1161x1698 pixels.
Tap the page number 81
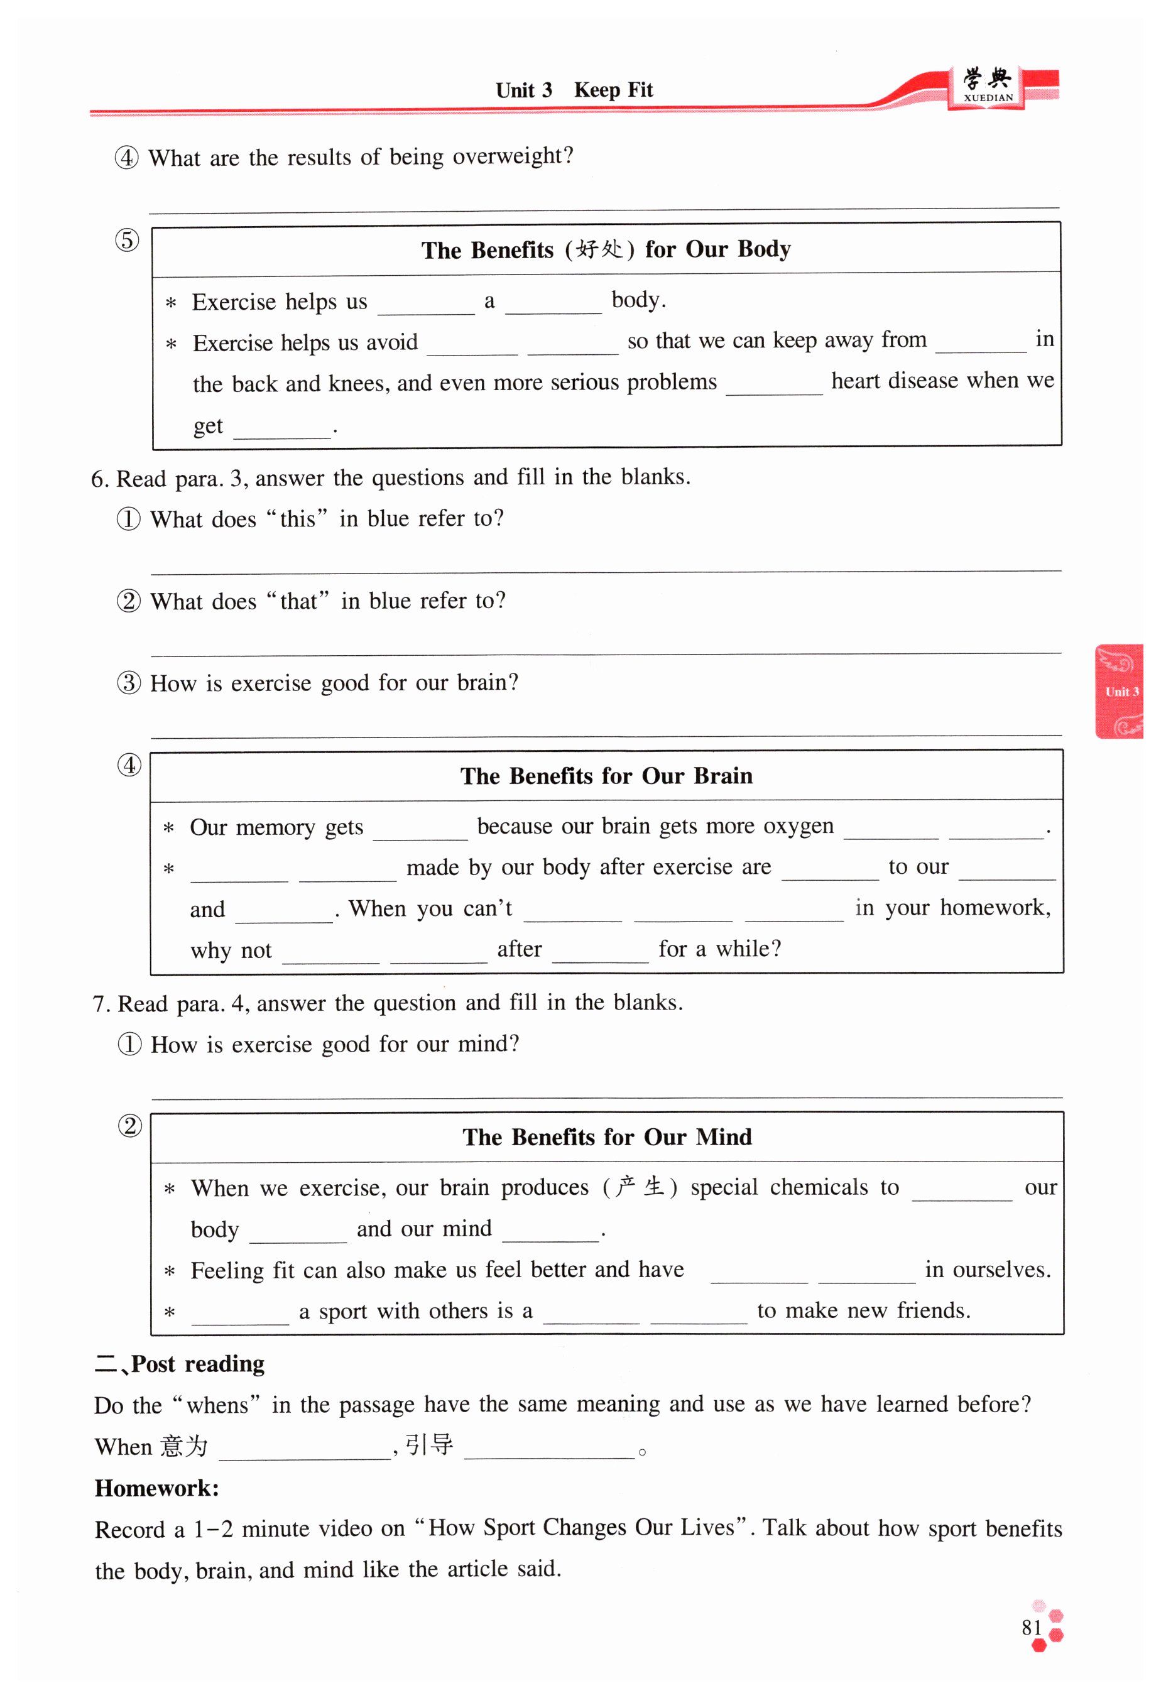[1031, 1627]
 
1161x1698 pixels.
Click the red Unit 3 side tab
[1120, 691]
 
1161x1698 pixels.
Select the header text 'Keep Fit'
[613, 90]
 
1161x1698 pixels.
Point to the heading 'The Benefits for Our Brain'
[606, 775]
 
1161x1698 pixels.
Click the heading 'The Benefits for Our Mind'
[606, 1137]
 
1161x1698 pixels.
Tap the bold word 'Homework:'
[156, 1488]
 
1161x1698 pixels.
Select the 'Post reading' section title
[197, 1364]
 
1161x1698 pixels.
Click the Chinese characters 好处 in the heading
[599, 249]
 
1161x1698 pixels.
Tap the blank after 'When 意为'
[304, 1450]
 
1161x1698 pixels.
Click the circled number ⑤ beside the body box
[127, 241]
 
